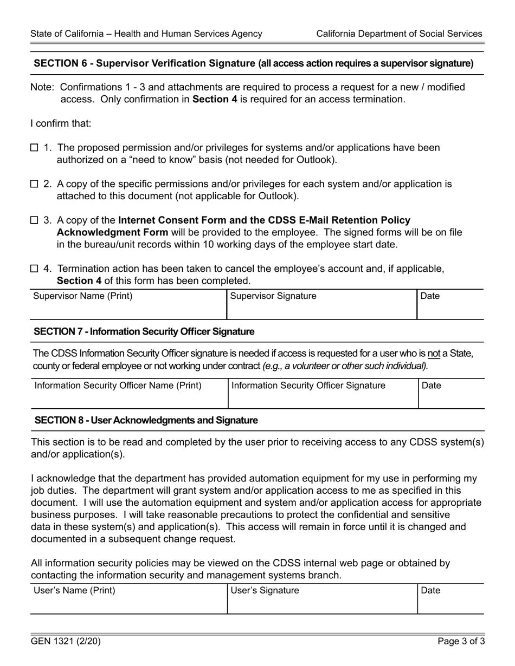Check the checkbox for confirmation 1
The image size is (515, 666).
point(34,148)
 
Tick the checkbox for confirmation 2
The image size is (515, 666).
point(34,184)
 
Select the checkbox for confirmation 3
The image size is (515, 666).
point(34,220)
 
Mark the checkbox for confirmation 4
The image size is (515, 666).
point(34,269)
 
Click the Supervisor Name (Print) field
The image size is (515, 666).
point(128,305)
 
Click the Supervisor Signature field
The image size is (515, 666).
point(321,305)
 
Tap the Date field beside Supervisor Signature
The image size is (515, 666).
point(450,305)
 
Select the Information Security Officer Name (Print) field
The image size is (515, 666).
point(129,394)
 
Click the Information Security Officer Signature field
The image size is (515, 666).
point(323,394)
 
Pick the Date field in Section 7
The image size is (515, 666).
point(450,394)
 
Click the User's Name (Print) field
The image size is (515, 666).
point(128,599)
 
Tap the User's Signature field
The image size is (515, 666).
point(321,599)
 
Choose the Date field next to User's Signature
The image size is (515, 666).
point(450,599)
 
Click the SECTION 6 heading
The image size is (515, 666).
point(253,63)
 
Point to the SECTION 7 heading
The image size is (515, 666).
point(144,331)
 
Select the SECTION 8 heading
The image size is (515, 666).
point(146,420)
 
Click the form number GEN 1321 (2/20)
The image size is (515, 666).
point(66,642)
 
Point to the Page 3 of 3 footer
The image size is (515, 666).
point(461,642)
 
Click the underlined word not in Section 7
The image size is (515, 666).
point(434,354)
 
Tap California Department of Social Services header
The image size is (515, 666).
point(399,34)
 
